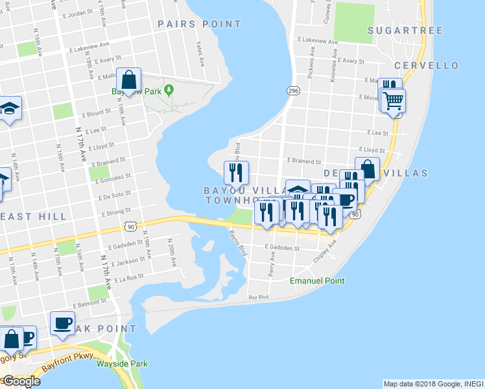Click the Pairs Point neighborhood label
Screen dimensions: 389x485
[200, 24]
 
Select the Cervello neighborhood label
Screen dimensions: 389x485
[426, 65]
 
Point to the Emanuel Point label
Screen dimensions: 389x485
[316, 281]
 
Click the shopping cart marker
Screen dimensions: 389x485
[393, 100]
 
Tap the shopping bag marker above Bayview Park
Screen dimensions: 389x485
[129, 80]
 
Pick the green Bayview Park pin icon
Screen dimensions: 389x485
[169, 89]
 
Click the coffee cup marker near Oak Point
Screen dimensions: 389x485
[63, 323]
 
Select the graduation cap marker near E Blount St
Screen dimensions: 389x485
[10, 108]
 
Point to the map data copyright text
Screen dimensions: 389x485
[433, 384]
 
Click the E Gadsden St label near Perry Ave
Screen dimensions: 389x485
[282, 248]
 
